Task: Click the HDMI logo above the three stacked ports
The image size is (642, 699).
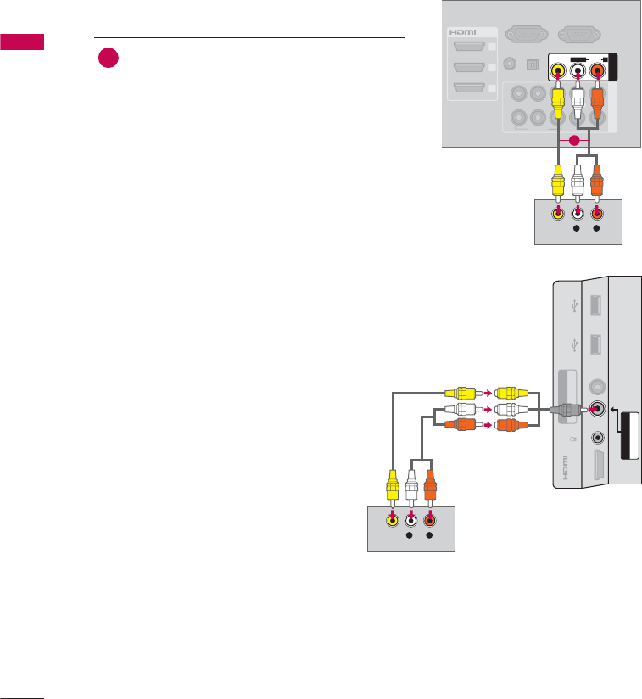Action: (464, 31)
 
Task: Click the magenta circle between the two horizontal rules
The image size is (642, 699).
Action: (109, 59)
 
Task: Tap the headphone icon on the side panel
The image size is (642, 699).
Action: (574, 439)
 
